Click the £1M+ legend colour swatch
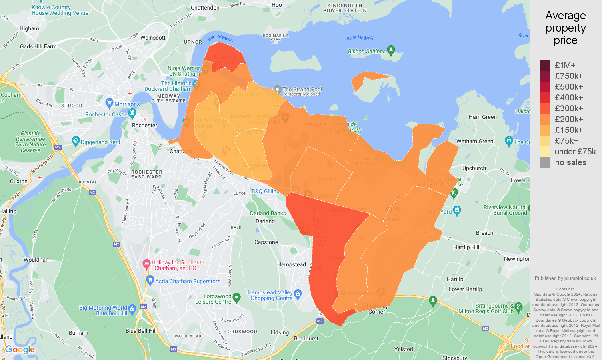(545, 65)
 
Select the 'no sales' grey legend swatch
(545, 162)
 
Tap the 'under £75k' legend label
(575, 152)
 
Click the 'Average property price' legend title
(565, 28)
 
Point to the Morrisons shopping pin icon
(109, 103)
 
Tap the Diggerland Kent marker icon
(76, 141)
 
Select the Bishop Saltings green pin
(391, 50)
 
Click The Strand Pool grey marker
(277, 89)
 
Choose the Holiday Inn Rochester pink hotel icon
(146, 263)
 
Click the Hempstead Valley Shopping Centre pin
(298, 295)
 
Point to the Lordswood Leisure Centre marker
(236, 298)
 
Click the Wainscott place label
(153, 38)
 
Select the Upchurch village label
(474, 168)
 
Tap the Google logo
(20, 350)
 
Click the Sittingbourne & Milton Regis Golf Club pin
(518, 307)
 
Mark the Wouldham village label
(37, 260)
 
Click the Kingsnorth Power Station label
(345, 8)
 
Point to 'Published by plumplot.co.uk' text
(566, 278)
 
